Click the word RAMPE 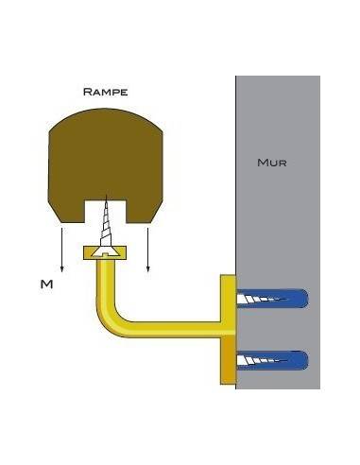105,92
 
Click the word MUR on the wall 272,163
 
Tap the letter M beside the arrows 46,284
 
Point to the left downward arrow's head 62,268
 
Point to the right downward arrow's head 148,268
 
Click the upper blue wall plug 272,299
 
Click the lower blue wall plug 272,360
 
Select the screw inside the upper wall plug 262,299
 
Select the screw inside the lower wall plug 262,360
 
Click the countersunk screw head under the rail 105,252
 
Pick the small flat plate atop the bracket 105,253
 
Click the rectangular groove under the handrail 105,211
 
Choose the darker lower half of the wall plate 229,359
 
